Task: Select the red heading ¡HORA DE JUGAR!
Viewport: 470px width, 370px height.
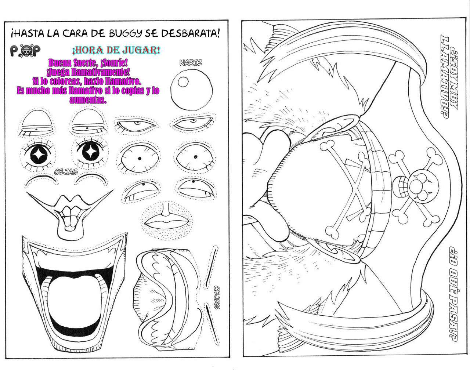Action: click(x=116, y=50)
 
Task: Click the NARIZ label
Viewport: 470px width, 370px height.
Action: click(x=191, y=63)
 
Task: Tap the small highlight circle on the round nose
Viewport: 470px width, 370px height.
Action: click(x=183, y=82)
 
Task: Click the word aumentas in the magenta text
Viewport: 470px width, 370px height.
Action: click(x=88, y=100)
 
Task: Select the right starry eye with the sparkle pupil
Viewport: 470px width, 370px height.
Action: click(x=90, y=152)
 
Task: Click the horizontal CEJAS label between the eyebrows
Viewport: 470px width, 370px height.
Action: click(x=66, y=172)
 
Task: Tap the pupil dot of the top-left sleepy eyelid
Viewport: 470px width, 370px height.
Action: click(x=36, y=130)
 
